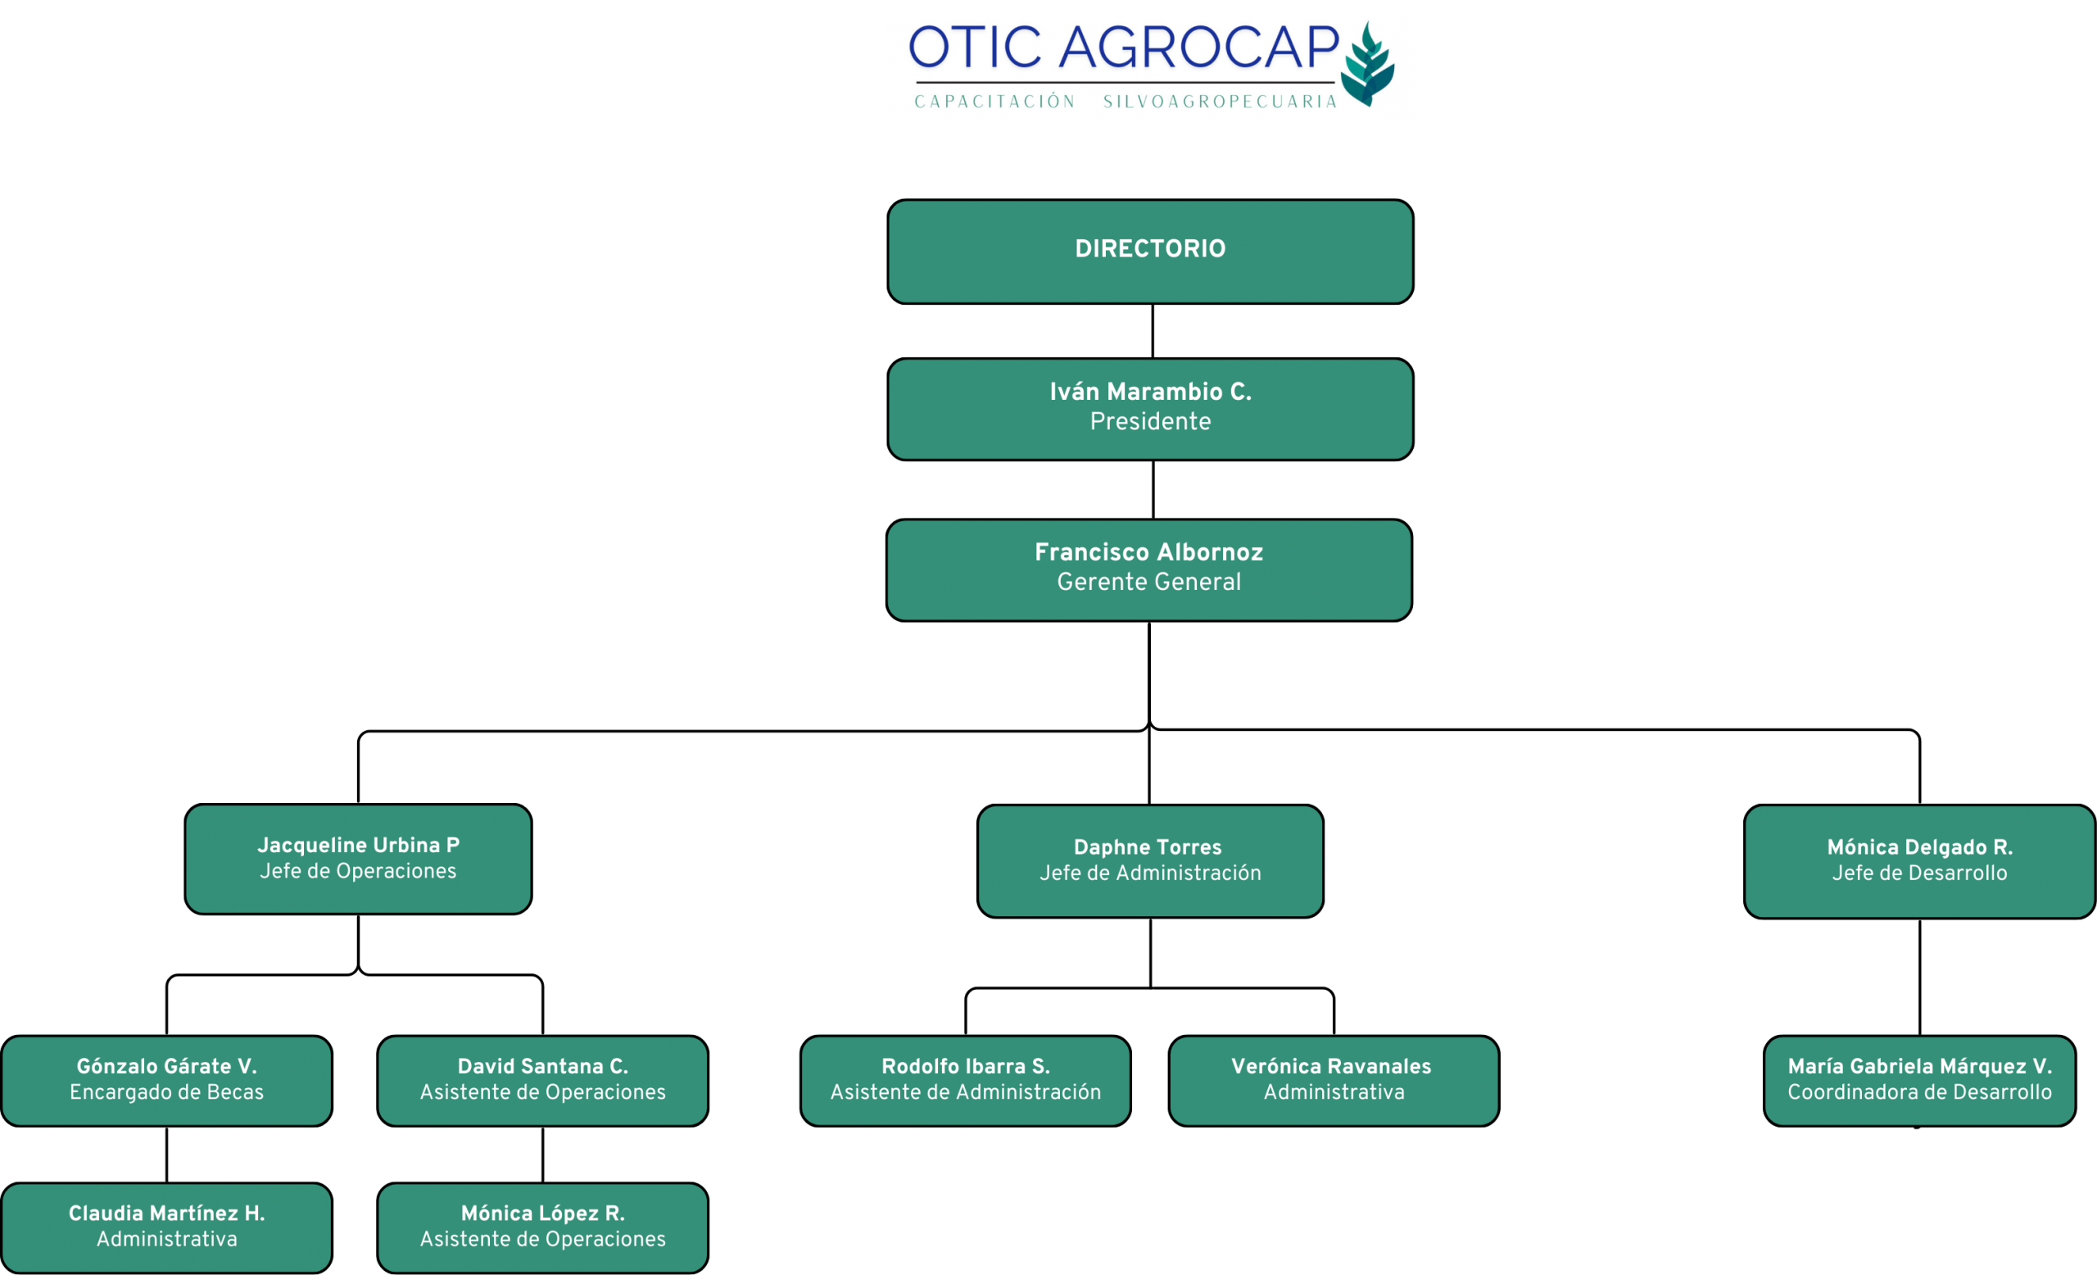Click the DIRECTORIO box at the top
[1150, 251]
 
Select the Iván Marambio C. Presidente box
[1150, 409]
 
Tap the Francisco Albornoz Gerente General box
[1149, 569]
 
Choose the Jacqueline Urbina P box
[358, 859]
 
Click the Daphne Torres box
[1150, 860]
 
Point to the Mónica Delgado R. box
[1919, 861]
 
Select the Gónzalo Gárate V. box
[167, 1080]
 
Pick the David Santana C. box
[542, 1080]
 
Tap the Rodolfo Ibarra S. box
[965, 1080]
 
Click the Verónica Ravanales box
[1334, 1080]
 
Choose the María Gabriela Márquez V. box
[1919, 1080]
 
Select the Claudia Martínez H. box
[167, 1227]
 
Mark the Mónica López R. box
[542, 1227]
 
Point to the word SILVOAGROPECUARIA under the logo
[1220, 102]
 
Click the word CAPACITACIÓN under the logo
[995, 102]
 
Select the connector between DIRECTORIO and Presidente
[1153, 331]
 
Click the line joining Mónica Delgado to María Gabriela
[1919, 977]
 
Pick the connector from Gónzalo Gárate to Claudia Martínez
[167, 1155]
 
